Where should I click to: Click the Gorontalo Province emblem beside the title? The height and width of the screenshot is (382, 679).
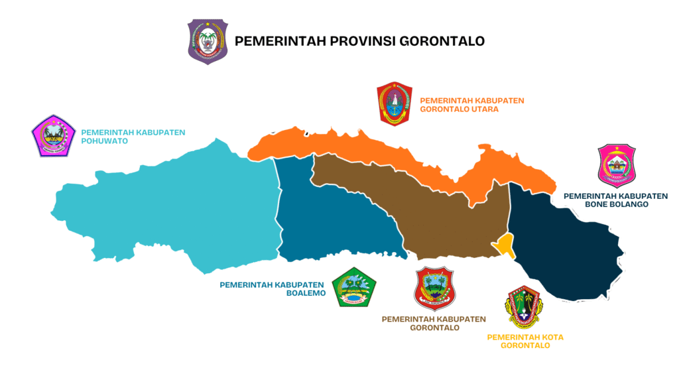tap(208, 41)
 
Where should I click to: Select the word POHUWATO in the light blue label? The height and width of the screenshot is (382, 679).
tap(104, 141)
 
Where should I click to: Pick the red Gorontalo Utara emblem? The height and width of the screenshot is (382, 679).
tap(395, 103)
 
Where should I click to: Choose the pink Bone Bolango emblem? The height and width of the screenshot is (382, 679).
tap(617, 166)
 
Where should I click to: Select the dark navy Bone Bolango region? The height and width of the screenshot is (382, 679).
tap(564, 239)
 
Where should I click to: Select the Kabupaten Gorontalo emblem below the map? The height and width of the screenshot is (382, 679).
tap(434, 288)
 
